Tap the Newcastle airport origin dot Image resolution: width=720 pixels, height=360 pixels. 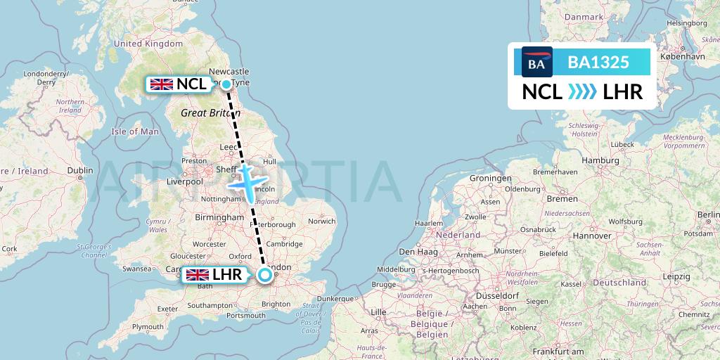(227, 84)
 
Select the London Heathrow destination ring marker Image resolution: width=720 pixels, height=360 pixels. (264, 275)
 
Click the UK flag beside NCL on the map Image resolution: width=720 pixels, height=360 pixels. (162, 84)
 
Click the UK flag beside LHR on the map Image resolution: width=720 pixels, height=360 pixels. (196, 275)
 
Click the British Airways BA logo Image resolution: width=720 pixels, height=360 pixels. (536, 62)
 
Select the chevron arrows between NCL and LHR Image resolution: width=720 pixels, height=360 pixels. (582, 91)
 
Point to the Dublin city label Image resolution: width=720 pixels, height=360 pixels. (80, 170)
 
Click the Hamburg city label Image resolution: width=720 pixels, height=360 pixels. (600, 160)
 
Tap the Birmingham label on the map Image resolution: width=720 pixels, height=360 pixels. (220, 218)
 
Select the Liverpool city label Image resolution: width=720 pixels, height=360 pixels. (185, 181)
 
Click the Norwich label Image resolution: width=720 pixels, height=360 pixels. (322, 221)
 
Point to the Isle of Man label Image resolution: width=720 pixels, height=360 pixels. (135, 131)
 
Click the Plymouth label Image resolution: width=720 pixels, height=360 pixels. (147, 326)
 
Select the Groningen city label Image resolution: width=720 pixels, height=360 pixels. (491, 179)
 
